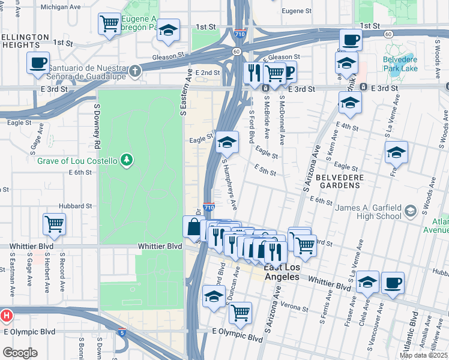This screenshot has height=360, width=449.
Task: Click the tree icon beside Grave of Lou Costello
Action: pos(126,160)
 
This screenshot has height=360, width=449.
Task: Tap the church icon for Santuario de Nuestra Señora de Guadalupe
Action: pos(136,71)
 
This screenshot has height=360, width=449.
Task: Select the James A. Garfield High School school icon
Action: pos(410,211)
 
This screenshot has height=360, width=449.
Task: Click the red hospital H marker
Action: pos(6,315)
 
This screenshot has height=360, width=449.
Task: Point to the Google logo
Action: pos(19,353)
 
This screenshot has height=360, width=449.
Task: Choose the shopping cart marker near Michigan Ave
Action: pos(109,25)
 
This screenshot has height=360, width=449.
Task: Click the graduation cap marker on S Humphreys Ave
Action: pos(227,142)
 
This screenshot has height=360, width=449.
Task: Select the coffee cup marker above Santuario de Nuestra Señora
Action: pos(38,62)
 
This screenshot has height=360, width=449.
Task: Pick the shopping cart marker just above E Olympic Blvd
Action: pos(240,313)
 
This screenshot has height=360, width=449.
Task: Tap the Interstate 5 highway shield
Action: pos(122,332)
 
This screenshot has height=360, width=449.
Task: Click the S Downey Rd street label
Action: pos(96,127)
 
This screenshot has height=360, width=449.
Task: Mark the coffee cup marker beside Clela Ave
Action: pos(393,283)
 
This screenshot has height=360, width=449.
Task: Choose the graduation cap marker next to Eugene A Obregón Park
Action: pos(169,29)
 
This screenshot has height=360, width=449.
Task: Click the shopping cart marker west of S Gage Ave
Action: pos(54,224)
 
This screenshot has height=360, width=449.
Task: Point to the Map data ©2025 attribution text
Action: pos(423,355)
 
